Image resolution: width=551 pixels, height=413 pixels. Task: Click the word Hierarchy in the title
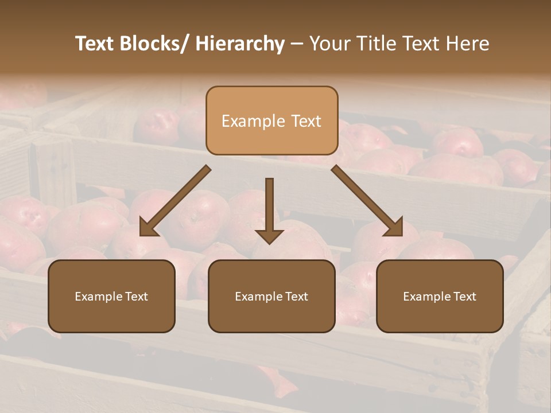pyautogui.click(x=240, y=44)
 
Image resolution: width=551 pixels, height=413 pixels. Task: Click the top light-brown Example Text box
pyautogui.click(x=271, y=120)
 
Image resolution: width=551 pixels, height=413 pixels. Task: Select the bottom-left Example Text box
pyautogui.click(x=111, y=296)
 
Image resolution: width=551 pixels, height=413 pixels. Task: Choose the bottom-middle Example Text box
pyautogui.click(x=271, y=296)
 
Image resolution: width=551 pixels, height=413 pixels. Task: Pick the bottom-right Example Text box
pyautogui.click(x=440, y=296)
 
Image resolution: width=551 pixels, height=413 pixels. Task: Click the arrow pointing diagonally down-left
pyautogui.click(x=175, y=201)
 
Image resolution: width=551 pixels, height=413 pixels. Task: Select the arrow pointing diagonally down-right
pyautogui.click(x=367, y=201)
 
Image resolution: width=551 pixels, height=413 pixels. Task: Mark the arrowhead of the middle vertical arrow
pyautogui.click(x=269, y=235)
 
